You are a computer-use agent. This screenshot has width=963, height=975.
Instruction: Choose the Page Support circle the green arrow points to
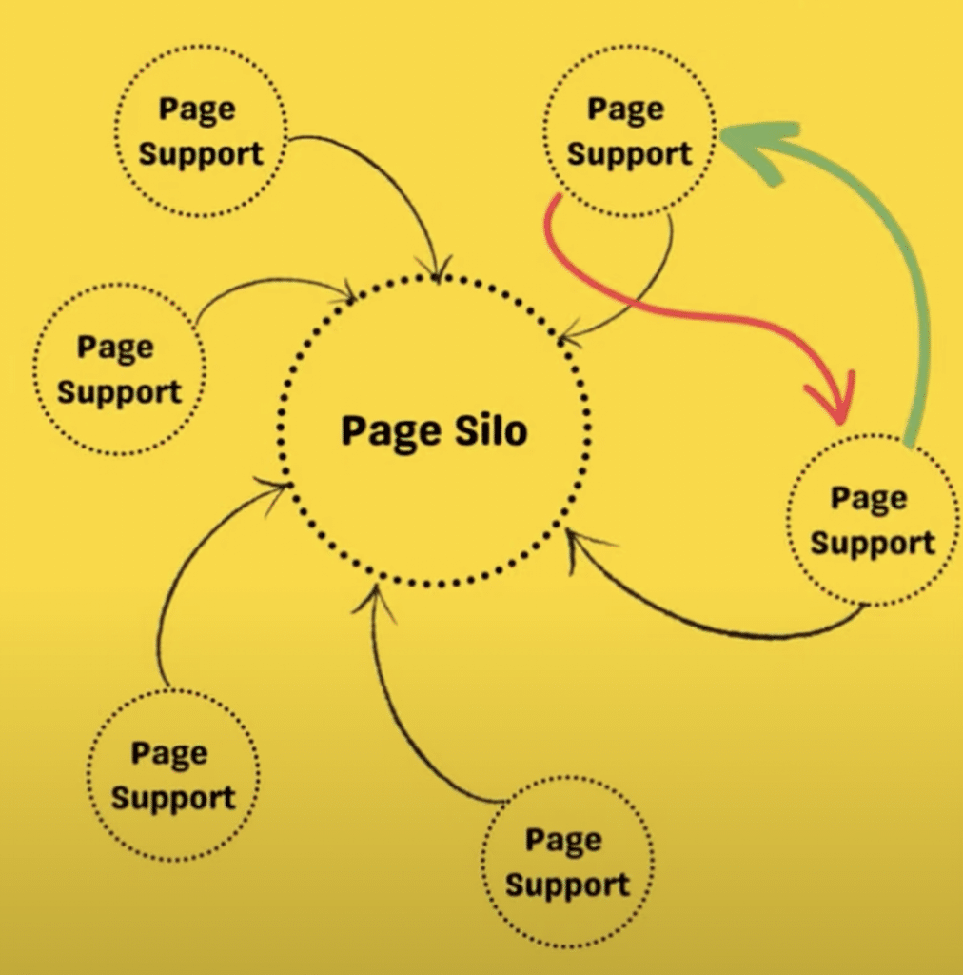(628, 133)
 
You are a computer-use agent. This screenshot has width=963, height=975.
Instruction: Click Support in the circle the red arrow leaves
(629, 154)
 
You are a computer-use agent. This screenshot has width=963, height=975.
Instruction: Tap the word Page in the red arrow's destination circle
(869, 498)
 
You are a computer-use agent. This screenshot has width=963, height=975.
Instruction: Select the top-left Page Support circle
(200, 131)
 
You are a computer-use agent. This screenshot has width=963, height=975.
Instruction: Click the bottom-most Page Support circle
(567, 863)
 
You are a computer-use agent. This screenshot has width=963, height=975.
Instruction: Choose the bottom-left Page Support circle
(172, 775)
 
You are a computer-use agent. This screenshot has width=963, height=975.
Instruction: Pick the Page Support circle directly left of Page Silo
(118, 369)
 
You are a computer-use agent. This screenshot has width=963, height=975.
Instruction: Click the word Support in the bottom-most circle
(567, 885)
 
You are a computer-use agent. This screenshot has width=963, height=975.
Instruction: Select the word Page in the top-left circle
(196, 109)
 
